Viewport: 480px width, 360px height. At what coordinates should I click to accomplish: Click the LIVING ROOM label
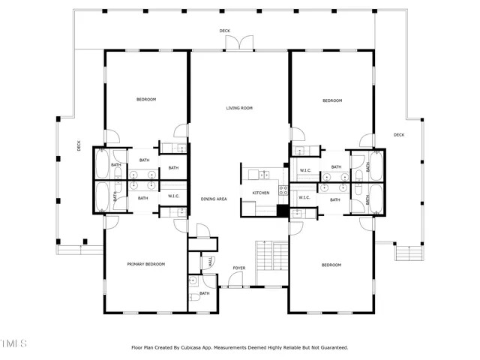pyautogui.click(x=239, y=108)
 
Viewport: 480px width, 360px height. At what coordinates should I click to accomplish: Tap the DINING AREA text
pyautogui.click(x=214, y=199)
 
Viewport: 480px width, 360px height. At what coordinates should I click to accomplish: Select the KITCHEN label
pyautogui.click(x=260, y=193)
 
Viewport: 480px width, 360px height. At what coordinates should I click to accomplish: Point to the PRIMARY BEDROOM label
pyautogui.click(x=145, y=264)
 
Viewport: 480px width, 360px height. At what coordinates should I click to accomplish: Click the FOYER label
pyautogui.click(x=238, y=268)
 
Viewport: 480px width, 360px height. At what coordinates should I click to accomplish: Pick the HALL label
pyautogui.click(x=211, y=262)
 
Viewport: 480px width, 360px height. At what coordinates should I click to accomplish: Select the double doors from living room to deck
pyautogui.click(x=240, y=43)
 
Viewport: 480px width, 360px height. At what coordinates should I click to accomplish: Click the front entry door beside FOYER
pyautogui.click(x=235, y=286)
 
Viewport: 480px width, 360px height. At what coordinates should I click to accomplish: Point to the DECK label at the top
pyautogui.click(x=225, y=31)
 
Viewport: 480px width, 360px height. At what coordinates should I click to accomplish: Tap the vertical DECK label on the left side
pyautogui.click(x=79, y=146)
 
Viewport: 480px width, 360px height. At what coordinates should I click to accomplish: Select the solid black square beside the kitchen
pyautogui.click(x=283, y=211)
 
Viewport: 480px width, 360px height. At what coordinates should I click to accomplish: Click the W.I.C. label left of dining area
pyautogui.click(x=173, y=196)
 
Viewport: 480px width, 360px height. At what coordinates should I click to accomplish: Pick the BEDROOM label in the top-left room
pyautogui.click(x=145, y=100)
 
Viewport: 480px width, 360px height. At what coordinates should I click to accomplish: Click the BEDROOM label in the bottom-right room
pyautogui.click(x=331, y=265)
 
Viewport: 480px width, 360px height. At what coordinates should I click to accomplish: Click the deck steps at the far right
pyautogui.click(x=408, y=254)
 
